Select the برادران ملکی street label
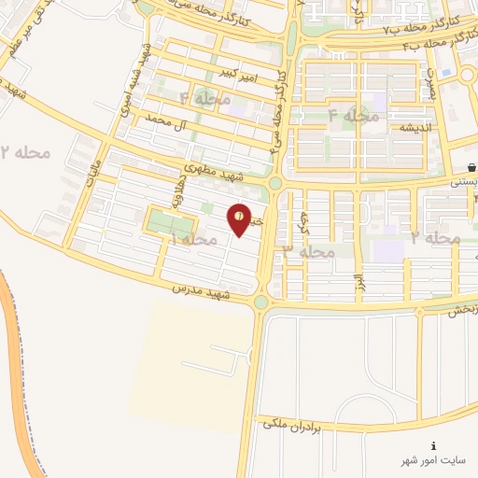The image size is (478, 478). coord(291,425)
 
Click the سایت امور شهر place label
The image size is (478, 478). coord(432,462)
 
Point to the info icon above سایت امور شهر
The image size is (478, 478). coord(432,446)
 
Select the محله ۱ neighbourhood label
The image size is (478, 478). coord(192,241)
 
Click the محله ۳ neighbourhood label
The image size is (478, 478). coord(308,251)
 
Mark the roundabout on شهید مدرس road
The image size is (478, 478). coord(260,302)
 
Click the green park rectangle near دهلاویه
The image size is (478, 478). coord(169,225)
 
